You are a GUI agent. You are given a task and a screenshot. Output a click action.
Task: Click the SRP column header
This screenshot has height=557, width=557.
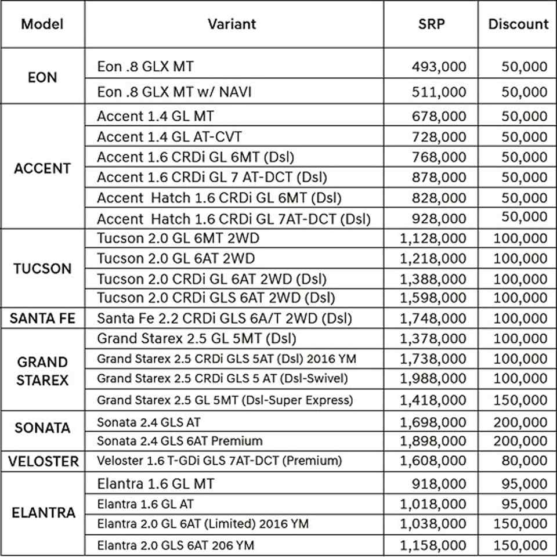point(431,24)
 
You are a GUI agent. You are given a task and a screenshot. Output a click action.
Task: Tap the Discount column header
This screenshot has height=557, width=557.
point(518,24)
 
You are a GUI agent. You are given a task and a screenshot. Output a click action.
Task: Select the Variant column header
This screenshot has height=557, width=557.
point(232,24)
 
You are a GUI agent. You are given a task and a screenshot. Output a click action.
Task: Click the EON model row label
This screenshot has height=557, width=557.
point(42,77)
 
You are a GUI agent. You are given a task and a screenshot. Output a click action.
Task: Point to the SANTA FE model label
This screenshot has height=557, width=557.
point(42,319)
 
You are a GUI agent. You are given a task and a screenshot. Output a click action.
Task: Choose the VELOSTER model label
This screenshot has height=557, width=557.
point(42,461)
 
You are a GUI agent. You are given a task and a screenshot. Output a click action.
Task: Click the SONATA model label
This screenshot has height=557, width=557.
point(42,428)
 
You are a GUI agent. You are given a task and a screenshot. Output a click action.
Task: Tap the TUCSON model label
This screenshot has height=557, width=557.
point(42,269)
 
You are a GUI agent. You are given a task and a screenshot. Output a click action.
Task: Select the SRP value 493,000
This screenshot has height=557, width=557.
point(439,67)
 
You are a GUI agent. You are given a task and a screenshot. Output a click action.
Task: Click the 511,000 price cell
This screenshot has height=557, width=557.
point(439,92)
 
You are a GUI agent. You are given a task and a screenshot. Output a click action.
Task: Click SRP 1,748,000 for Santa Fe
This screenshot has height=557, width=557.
point(433,319)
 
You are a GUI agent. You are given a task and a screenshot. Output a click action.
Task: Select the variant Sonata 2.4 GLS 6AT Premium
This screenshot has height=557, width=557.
point(180,441)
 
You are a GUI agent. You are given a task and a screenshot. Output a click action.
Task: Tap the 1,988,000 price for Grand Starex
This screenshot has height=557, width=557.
point(433,379)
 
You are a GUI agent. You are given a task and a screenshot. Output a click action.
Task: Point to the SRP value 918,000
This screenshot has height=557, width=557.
point(439,483)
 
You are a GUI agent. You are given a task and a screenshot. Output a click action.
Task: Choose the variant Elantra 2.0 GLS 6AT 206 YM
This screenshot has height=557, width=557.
point(175,545)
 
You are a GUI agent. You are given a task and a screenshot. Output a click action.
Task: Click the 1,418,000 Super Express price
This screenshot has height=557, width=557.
point(433,400)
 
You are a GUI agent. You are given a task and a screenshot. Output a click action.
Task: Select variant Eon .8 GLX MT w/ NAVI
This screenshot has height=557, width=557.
point(175,92)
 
